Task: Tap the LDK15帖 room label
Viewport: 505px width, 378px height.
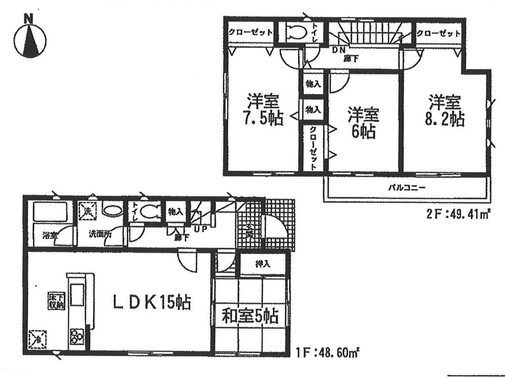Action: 151,303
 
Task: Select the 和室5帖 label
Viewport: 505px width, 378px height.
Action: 250,316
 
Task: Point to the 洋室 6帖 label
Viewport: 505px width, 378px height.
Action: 363,123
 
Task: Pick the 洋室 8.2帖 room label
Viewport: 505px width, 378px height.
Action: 445,111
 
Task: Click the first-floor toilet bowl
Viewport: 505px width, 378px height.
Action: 150,212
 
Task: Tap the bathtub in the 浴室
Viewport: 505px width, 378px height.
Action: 50,212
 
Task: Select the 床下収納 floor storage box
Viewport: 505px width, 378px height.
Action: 56,300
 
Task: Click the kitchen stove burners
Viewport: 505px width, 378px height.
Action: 77,335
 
